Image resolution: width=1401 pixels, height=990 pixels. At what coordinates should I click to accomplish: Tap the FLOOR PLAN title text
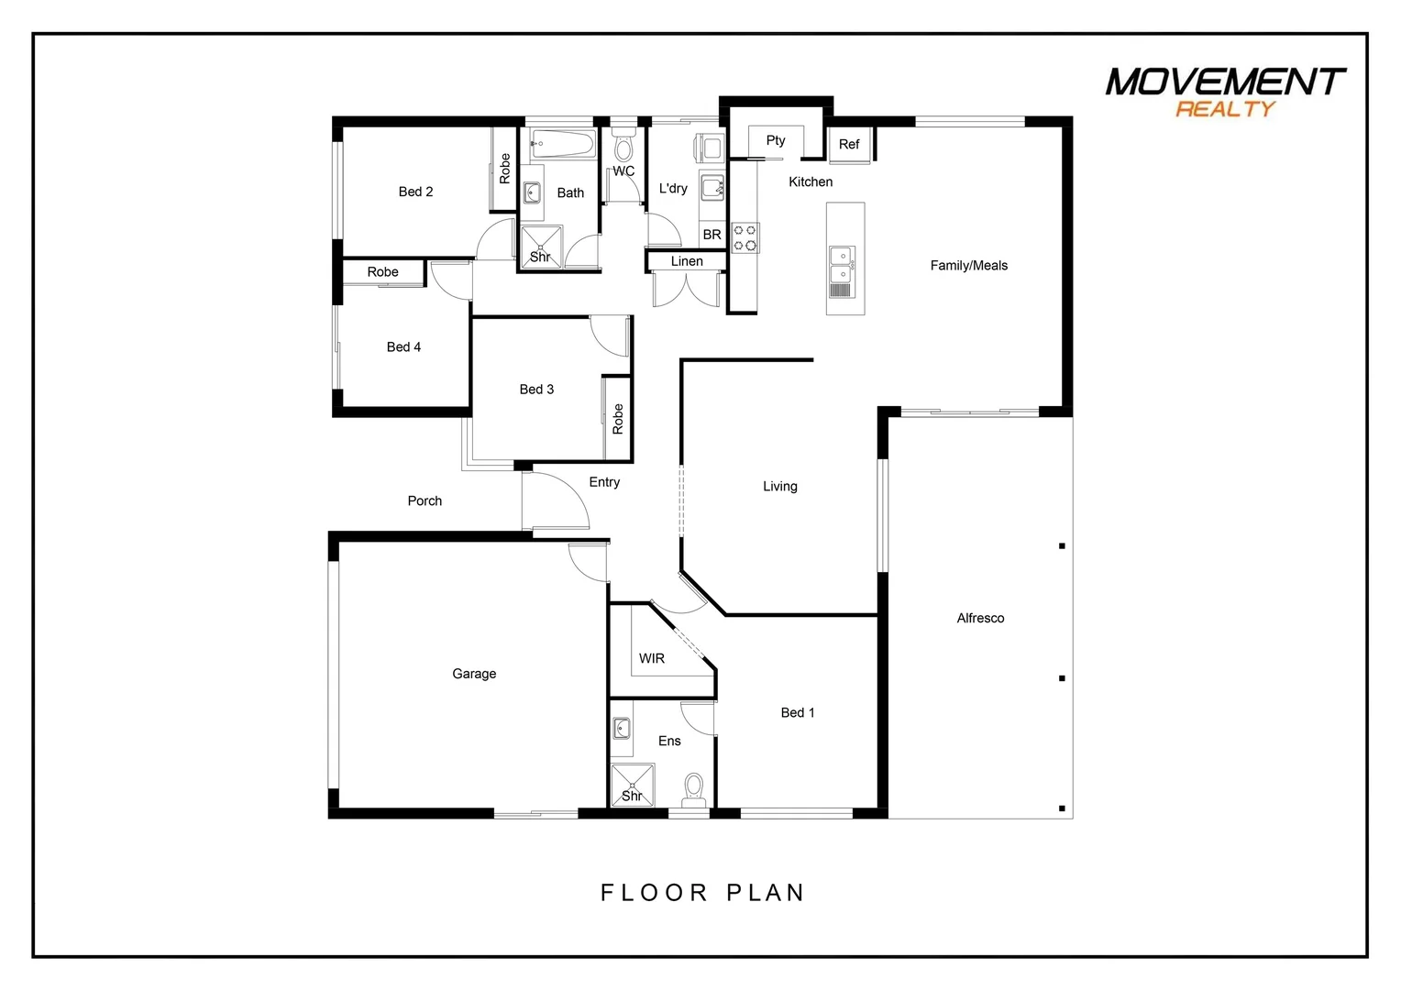point(702,892)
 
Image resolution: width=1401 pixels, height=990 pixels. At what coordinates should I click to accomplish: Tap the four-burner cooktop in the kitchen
point(745,238)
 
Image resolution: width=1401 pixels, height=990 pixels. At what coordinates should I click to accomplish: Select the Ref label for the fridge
point(849,144)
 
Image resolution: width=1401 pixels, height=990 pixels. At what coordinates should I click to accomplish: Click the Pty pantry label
point(776,140)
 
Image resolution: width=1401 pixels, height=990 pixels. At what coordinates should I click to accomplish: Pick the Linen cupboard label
point(687,261)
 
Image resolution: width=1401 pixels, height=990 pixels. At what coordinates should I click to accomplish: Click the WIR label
point(652,658)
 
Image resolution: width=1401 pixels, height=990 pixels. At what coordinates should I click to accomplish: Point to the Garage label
point(474,674)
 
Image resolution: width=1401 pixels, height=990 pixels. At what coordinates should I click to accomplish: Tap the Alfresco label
point(980,618)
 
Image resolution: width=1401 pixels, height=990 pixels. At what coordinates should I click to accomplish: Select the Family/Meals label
point(968,266)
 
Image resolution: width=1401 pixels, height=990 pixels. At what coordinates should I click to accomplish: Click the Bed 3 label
point(536,390)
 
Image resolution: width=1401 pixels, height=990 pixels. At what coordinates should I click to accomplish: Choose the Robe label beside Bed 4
point(382,272)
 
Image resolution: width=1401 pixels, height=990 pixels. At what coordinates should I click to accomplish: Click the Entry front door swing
point(556,501)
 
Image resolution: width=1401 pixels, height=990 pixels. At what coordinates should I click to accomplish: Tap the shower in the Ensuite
point(633,786)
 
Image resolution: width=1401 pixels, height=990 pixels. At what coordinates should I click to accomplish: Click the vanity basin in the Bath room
point(532,192)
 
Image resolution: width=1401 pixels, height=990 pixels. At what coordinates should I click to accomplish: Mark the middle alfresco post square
point(1062,678)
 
